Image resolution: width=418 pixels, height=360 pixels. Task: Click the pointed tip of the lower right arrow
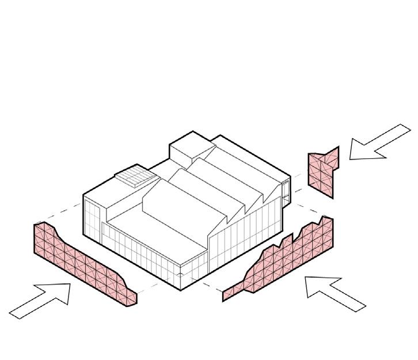click(x=305, y=278)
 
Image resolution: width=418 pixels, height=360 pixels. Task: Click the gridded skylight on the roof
click(x=135, y=177)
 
